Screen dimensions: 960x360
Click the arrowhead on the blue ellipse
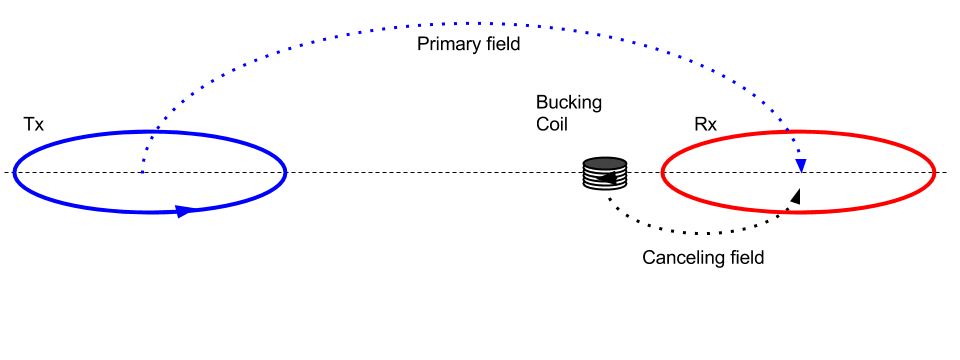[184, 211]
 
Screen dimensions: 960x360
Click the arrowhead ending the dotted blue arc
[801, 166]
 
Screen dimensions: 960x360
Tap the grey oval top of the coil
[605, 163]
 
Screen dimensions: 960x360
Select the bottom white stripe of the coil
[605, 185]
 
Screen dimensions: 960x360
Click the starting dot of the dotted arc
[142, 172]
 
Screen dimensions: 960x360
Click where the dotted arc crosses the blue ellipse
[156, 131]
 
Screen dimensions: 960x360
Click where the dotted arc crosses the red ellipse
[787, 131]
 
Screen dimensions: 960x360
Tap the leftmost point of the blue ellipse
[14, 172]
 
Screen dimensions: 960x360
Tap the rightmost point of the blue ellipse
[286, 172]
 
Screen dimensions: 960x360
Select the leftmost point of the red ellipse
[662, 172]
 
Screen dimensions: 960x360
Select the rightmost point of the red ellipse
[934, 172]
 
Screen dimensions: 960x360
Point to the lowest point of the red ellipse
[798, 212]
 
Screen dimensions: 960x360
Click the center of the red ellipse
[798, 172]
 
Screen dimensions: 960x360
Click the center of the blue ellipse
[150, 172]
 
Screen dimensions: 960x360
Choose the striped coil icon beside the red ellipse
[605, 173]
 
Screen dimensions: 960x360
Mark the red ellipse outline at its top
[798, 132]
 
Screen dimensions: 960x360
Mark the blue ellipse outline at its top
[150, 132]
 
